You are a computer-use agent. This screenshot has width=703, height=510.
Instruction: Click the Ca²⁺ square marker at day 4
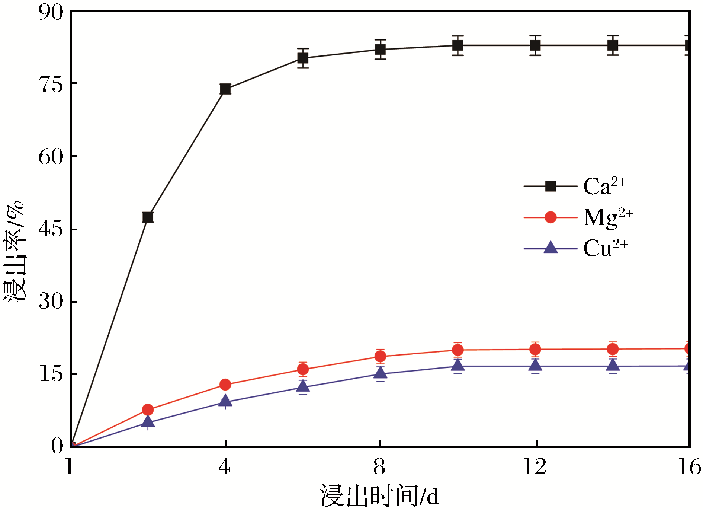tap(225, 89)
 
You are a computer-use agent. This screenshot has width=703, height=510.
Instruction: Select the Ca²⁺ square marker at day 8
tap(380, 50)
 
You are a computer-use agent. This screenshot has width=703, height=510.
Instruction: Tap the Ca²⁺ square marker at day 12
tap(535, 45)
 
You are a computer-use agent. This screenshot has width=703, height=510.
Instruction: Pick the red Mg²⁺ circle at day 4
tap(225, 385)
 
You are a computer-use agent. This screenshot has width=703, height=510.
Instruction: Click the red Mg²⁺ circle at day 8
tap(380, 357)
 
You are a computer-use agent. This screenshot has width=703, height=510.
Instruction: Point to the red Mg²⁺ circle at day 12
tap(535, 349)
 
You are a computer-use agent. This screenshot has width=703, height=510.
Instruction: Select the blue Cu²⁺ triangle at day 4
tap(225, 401)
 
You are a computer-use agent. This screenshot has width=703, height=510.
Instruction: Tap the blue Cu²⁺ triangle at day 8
tap(380, 373)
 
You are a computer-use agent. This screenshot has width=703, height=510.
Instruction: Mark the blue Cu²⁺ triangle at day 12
tap(535, 366)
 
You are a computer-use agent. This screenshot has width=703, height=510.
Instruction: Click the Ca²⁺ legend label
tap(605, 186)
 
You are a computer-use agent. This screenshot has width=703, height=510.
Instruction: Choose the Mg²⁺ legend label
tap(608, 218)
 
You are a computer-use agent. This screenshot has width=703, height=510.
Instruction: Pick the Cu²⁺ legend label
tap(606, 248)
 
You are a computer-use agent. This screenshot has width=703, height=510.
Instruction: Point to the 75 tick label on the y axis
tap(51, 85)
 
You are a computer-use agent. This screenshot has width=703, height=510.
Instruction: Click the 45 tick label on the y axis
tap(51, 229)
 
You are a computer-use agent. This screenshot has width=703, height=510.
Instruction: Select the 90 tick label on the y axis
tap(51, 13)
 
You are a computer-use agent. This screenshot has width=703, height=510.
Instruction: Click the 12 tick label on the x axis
tap(535, 467)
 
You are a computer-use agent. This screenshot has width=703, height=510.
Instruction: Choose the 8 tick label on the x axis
tap(379, 467)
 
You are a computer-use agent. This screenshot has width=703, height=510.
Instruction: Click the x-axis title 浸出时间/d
tap(379, 496)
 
